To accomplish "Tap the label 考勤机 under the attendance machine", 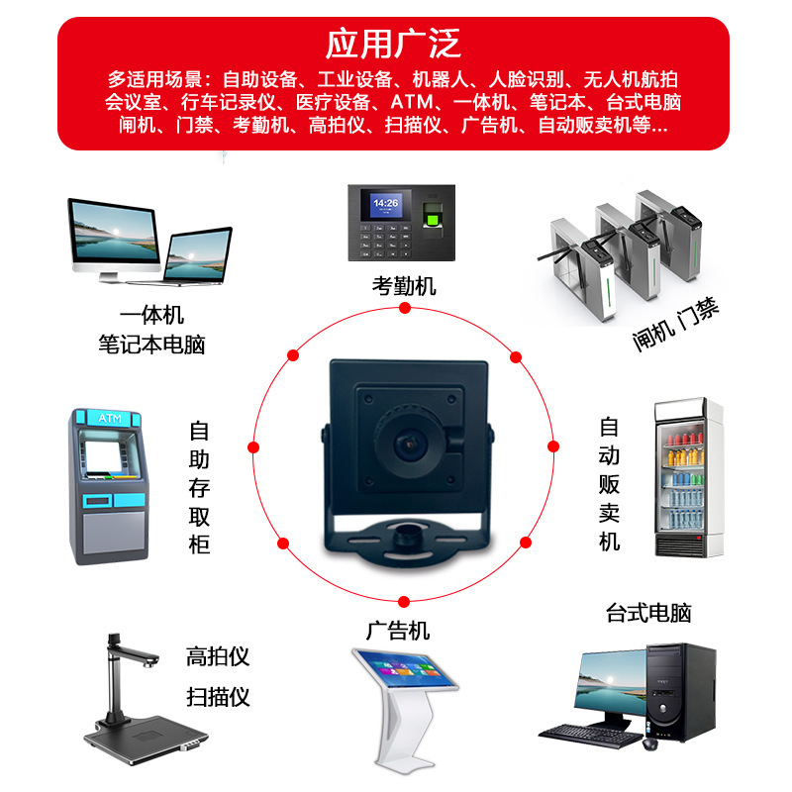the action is click(404, 287).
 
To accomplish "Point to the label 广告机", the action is click(398, 630).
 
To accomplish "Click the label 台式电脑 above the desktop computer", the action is click(648, 613).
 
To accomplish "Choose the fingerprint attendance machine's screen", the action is click(384, 207).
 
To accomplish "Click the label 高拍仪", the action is click(218, 655).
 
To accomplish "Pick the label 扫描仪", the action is click(218, 696).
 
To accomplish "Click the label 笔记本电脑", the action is click(152, 344).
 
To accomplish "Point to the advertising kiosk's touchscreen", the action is click(408, 675).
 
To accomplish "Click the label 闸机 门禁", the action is click(676, 325).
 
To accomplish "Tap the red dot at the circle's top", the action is click(404, 309).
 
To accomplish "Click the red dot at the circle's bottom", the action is click(404, 598).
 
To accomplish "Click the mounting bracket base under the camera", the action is click(406, 544).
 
